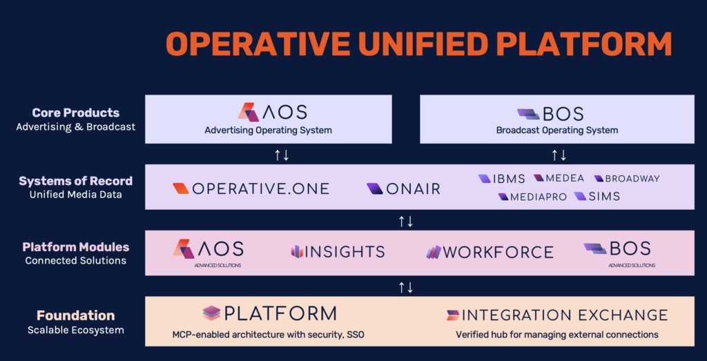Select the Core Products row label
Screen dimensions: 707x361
tap(76, 113)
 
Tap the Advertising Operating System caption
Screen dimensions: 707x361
tap(269, 130)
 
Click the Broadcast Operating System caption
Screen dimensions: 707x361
tap(557, 130)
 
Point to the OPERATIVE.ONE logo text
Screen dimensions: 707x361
tap(260, 188)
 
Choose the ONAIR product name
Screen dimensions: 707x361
tap(413, 189)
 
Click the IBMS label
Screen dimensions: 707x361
tap(509, 179)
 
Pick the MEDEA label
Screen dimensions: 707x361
tap(565, 178)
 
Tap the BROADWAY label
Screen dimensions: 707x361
tap(632, 179)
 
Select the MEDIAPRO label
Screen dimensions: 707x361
tap(539, 197)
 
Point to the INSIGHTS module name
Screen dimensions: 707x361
tap(345, 251)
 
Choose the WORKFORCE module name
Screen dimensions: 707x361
tap(498, 252)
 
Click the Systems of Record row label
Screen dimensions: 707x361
tap(76, 181)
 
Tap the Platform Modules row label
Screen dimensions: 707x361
tap(76, 247)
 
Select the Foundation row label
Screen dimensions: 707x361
tap(76, 315)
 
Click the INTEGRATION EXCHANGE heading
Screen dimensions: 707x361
tap(565, 315)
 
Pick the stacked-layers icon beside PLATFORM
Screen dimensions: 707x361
tap(211, 313)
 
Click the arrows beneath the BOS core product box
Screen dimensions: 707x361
tap(559, 155)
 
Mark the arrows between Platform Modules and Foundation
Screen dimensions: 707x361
tap(406, 287)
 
